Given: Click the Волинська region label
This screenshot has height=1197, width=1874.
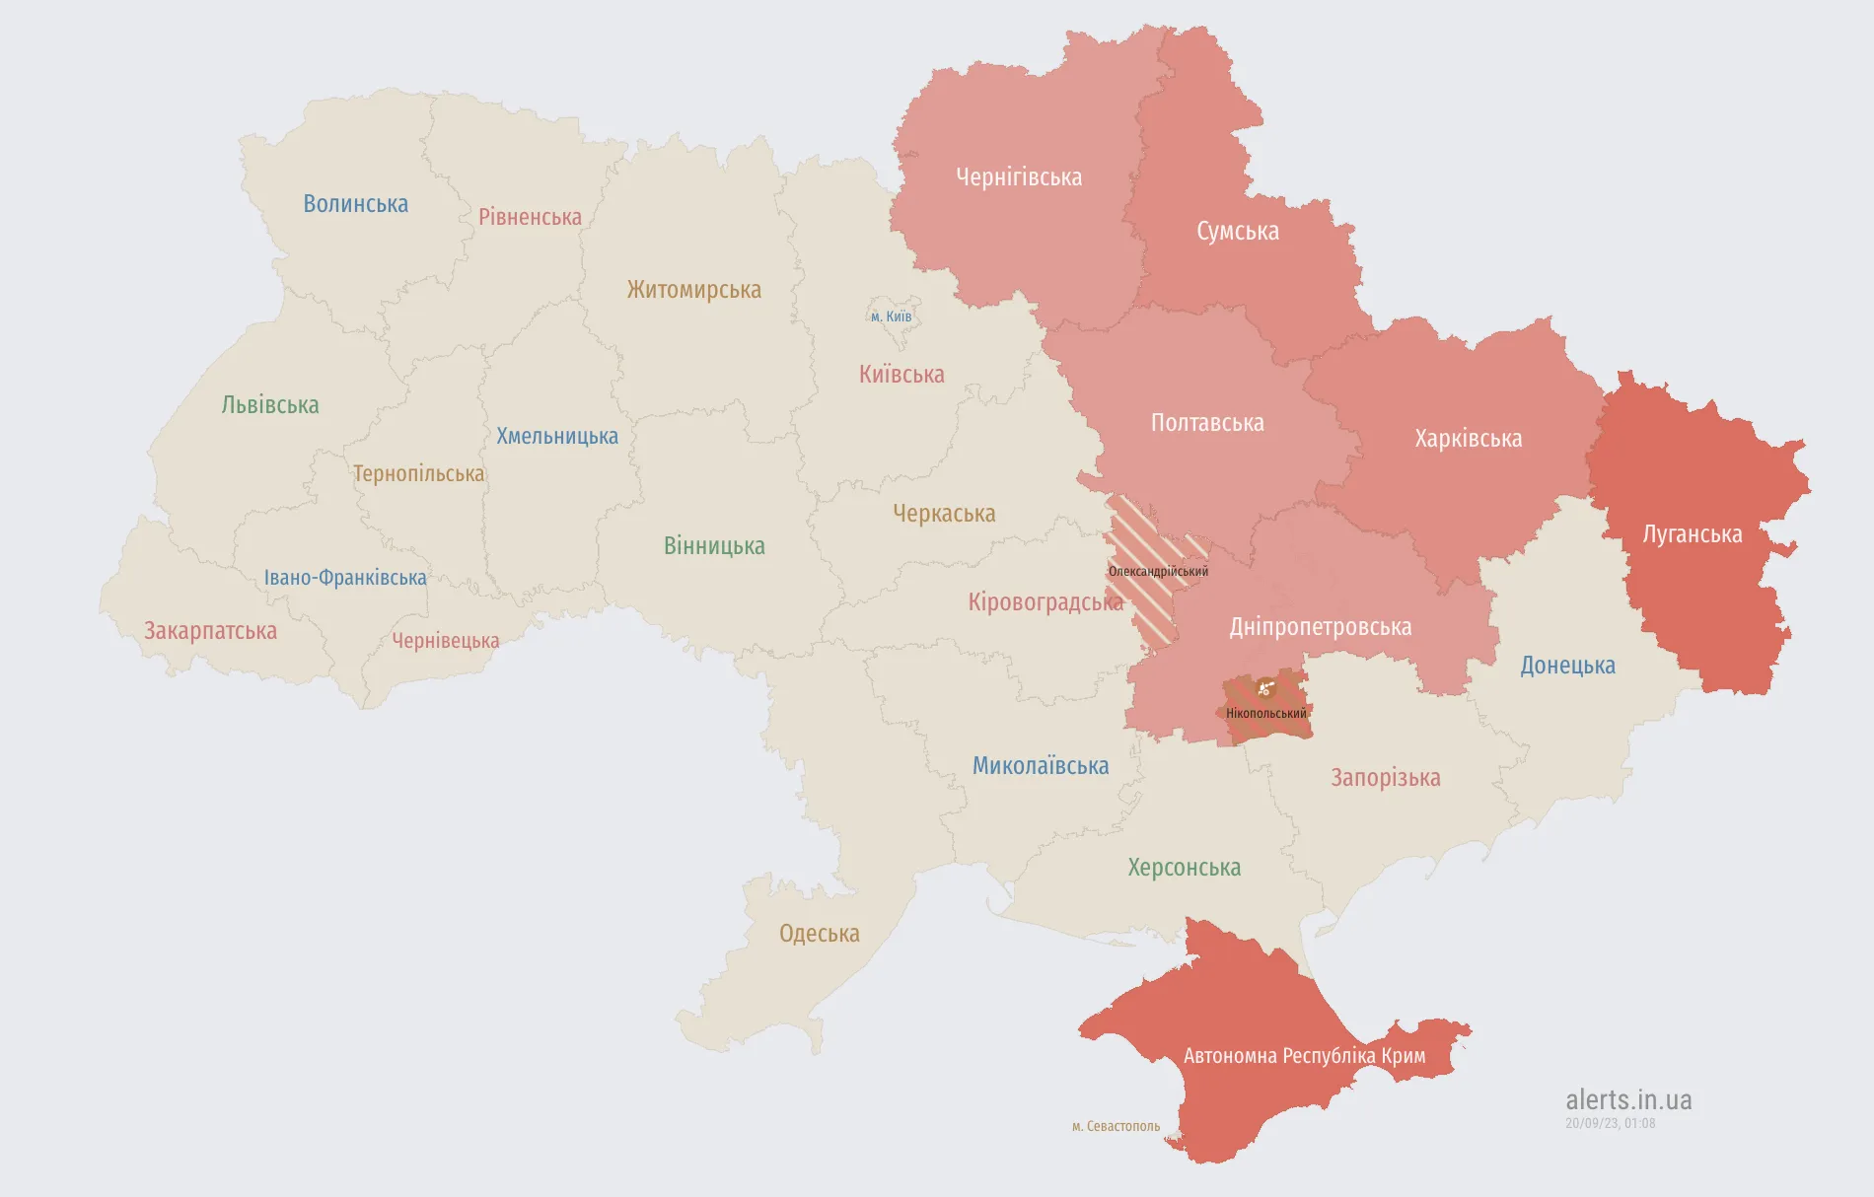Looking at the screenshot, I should (355, 204).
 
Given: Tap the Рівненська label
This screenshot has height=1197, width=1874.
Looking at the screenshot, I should (530, 217).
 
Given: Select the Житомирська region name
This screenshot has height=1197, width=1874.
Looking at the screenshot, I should (693, 290).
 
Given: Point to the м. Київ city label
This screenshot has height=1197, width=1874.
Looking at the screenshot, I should (891, 317).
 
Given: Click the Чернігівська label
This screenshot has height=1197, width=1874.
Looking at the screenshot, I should (1018, 177).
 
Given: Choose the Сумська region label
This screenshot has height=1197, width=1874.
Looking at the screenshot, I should (1237, 232).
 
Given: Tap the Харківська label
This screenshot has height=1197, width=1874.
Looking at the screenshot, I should (1468, 439).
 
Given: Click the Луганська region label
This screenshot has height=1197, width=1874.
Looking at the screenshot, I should (1692, 534).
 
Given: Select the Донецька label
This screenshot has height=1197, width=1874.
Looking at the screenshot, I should (1567, 666).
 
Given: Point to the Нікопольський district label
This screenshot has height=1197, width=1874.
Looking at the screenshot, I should (1265, 714).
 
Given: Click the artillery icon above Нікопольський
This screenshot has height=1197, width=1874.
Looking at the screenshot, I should (1266, 688).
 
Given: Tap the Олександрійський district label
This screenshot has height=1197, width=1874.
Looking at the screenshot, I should (1158, 572).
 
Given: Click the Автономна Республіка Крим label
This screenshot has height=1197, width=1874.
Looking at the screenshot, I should (1304, 1056).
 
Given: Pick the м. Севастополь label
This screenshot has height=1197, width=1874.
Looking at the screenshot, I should (1116, 1126).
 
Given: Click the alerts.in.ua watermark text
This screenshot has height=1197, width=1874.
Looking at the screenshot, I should (1628, 1099).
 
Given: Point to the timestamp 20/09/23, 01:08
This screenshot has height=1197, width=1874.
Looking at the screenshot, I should (1610, 1123).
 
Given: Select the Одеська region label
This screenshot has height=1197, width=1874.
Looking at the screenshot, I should (819, 934).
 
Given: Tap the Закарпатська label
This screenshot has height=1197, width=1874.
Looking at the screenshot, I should (210, 631).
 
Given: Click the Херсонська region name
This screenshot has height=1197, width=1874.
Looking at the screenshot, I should (1184, 868).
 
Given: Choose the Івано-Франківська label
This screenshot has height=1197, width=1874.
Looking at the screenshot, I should (345, 578).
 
